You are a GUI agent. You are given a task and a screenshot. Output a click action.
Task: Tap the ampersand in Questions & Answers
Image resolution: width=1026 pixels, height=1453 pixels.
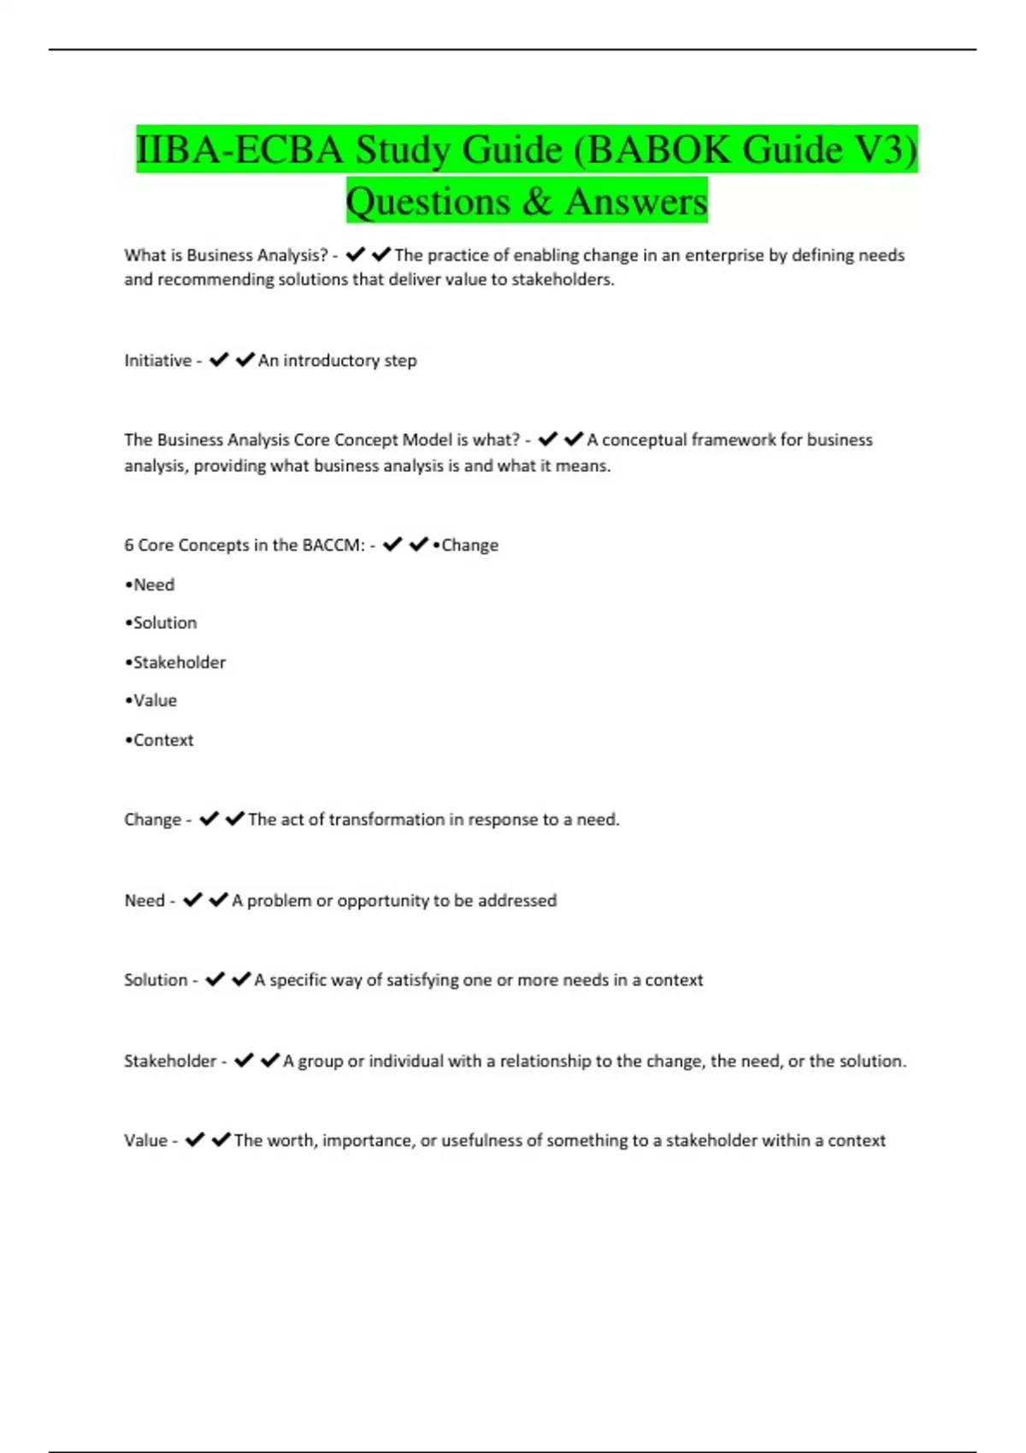536,202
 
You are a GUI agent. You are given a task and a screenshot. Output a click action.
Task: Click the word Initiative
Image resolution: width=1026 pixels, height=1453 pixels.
157,361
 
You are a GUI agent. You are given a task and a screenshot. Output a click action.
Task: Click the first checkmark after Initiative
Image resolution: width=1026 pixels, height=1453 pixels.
219,360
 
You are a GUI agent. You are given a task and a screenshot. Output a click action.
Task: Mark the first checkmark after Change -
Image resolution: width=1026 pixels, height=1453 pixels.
209,819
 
